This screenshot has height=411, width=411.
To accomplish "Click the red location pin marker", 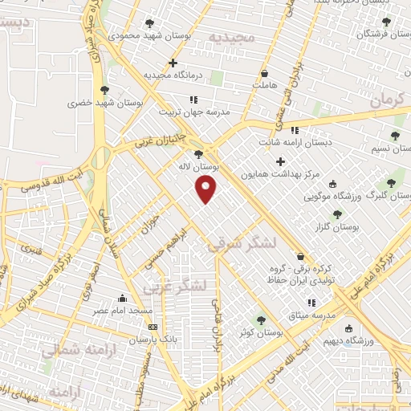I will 207,189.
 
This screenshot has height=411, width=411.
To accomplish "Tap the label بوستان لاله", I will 198,166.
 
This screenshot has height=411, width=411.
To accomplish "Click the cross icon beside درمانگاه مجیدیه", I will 173,63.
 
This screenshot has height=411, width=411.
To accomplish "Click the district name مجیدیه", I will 231,37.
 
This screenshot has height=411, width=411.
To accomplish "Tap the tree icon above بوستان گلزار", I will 336,214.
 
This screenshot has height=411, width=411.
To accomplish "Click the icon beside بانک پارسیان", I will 153,327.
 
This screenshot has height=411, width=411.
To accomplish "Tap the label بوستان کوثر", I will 258,332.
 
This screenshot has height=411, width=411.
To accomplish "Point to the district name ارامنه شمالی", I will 78,350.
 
